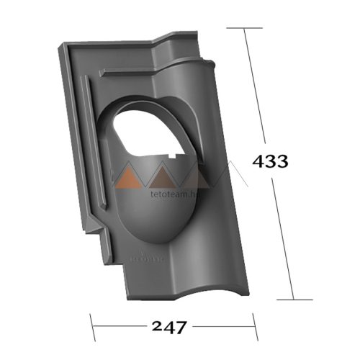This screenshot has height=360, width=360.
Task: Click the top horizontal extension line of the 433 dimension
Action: pos(244,28)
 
